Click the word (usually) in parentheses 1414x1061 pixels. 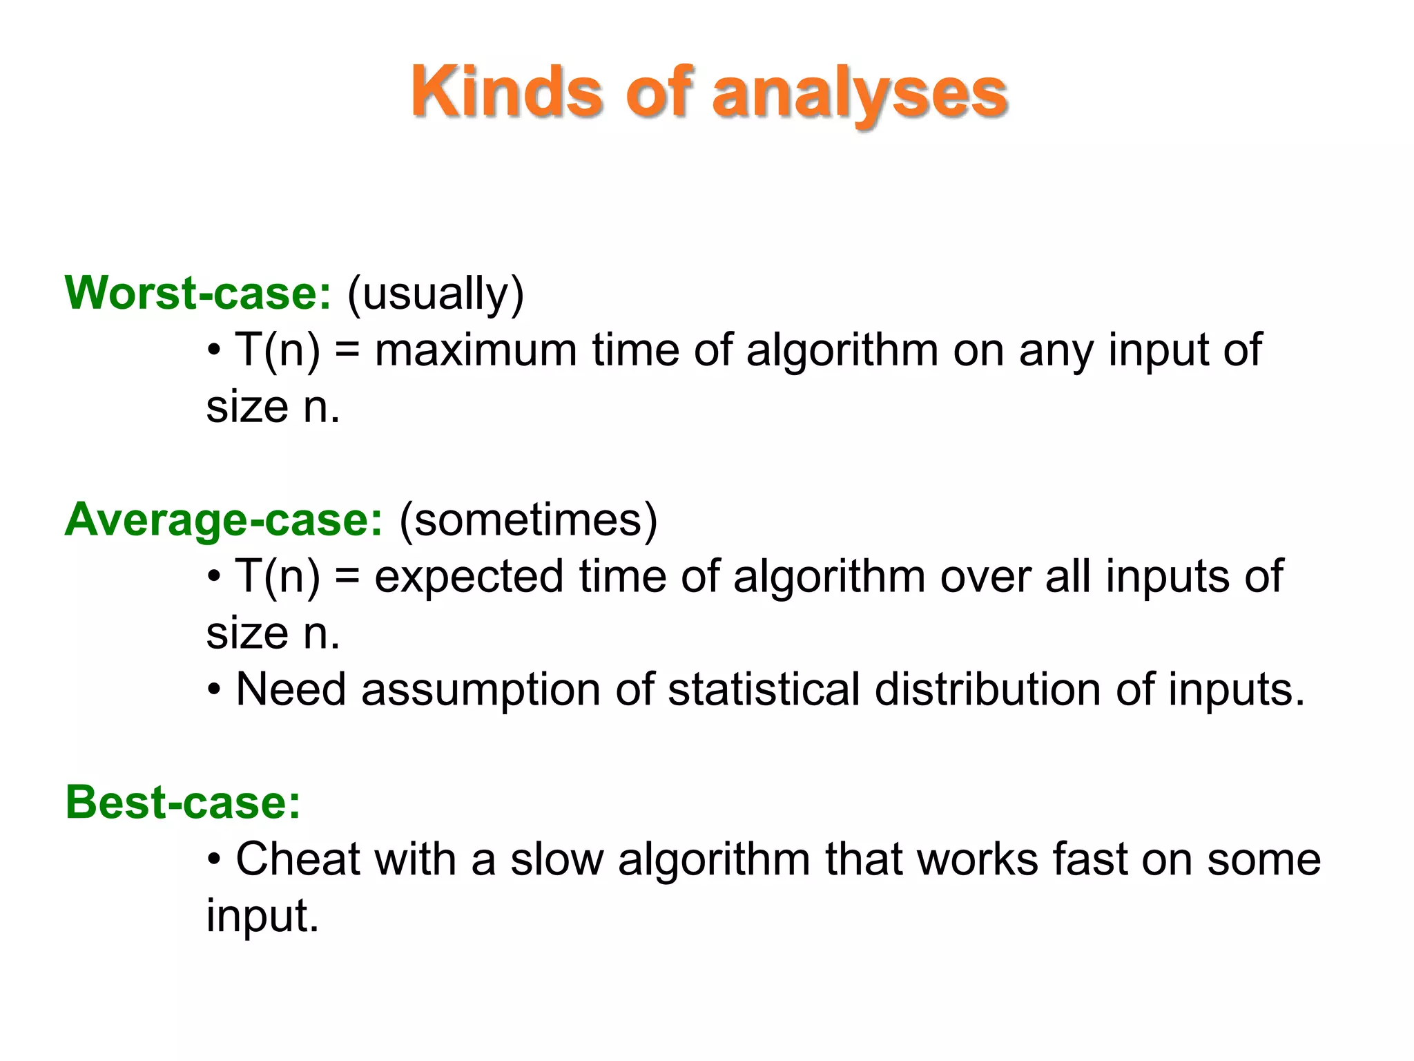tap(436, 294)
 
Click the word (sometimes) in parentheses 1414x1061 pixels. tap(528, 519)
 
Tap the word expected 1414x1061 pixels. tap(469, 577)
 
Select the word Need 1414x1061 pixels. tap(291, 689)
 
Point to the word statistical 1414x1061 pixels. tap(764, 689)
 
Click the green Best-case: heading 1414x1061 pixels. tap(183, 803)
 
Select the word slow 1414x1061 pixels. tap(556, 859)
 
